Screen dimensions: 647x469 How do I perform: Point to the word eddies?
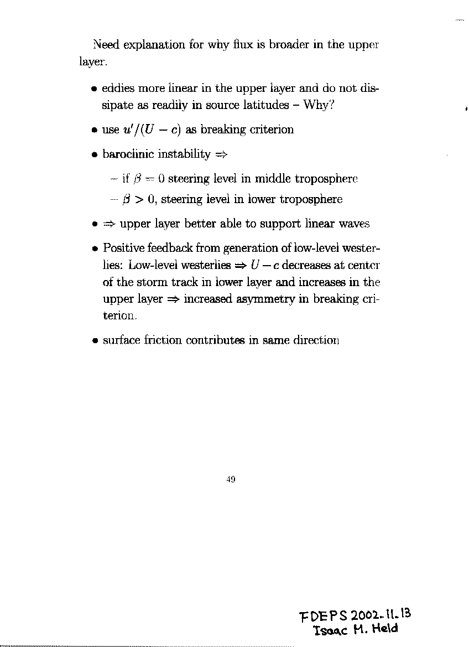pos(118,88)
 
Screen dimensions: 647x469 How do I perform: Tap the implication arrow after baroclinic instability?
pos(221,155)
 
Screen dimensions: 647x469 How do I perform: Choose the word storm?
pos(150,282)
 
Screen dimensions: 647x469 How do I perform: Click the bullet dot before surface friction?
pos(96,341)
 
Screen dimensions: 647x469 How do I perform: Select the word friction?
pos(163,340)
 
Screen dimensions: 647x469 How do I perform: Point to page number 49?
pos(231,480)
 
